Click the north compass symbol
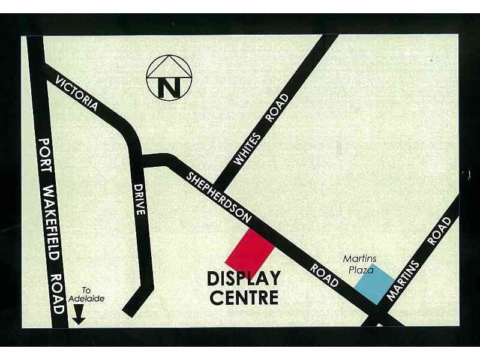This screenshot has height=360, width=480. tap(169, 78)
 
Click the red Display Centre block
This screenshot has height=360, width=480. tap(250, 251)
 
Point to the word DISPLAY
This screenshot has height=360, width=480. tap(244, 279)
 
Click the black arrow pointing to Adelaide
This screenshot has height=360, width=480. tap(79, 314)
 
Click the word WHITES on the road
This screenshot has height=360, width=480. tap(247, 149)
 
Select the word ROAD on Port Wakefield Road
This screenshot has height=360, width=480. tap(56, 293)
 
